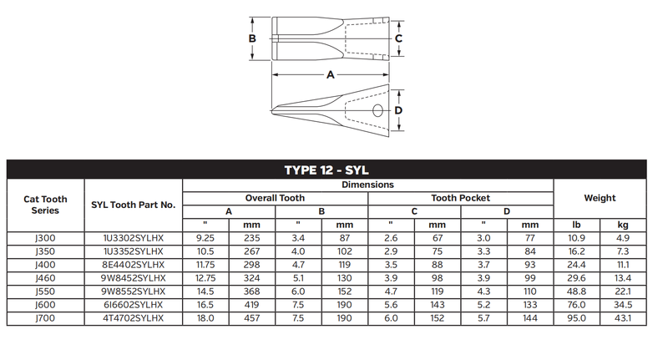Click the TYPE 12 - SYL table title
point(326,170)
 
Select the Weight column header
point(600,198)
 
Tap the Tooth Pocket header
point(460,198)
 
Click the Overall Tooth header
point(275,198)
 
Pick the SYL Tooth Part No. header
point(134,205)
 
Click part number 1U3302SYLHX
point(134,238)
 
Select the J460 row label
point(45,278)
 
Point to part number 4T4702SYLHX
point(134,318)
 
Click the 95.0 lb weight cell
point(576,318)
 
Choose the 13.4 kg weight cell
point(623,278)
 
